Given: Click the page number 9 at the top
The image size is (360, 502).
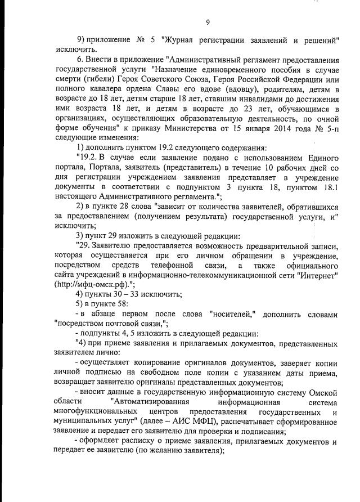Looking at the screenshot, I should [x=208, y=23].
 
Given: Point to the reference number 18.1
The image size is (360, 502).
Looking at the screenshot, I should [x=326, y=187].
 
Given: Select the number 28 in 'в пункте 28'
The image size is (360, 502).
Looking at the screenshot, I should [x=123, y=207].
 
